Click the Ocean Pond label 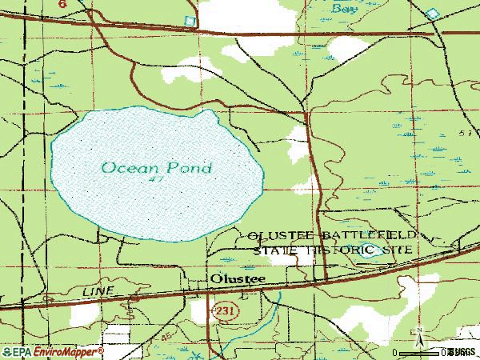click(x=157, y=168)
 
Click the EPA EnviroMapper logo click(x=52, y=351)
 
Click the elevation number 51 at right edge click(x=465, y=133)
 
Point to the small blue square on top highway click(x=190, y=20)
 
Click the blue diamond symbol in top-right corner click(x=433, y=14)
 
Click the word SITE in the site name click(x=399, y=250)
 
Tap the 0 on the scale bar click(x=395, y=352)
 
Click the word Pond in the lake click(x=190, y=168)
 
